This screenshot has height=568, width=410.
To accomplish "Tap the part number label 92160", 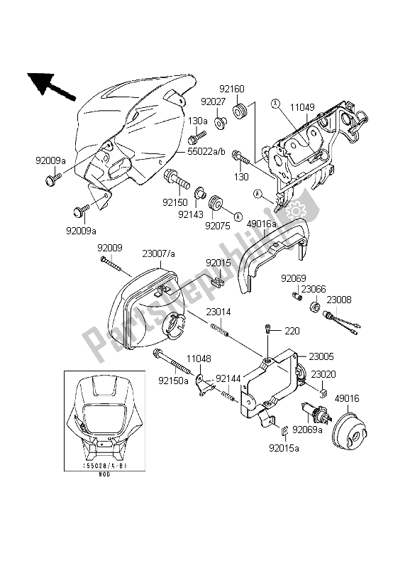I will pos(231,90).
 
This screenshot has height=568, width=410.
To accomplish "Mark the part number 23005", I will pos(321,357).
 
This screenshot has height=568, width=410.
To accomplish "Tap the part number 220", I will pos(292,331).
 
